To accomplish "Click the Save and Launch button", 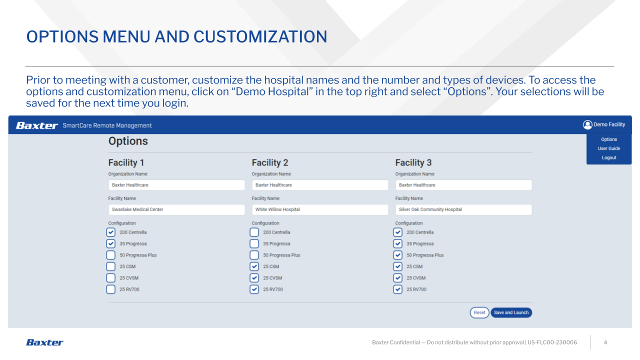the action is click(511, 312).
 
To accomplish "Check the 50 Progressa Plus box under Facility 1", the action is click(111, 255).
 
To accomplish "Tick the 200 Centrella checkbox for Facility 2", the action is click(254, 232).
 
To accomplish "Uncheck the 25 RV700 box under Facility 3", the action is click(397, 289).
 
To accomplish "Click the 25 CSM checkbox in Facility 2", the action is click(254, 266).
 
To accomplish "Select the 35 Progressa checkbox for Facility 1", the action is click(111, 243).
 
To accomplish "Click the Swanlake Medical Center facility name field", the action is click(176, 209).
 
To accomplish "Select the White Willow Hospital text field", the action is click(320, 209).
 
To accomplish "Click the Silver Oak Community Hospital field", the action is click(463, 209).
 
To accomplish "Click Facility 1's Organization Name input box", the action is click(176, 185).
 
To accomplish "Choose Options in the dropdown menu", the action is click(609, 139).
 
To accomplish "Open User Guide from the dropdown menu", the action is click(609, 148).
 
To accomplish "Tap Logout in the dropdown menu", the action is click(609, 157).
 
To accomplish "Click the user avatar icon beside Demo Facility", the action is click(587, 124).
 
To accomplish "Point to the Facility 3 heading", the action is click(413, 162).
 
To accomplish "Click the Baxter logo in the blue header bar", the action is click(37, 125).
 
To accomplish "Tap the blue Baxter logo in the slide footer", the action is click(44, 342).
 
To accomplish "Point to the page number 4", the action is click(605, 342).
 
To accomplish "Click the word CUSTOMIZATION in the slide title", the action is click(260, 36).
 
